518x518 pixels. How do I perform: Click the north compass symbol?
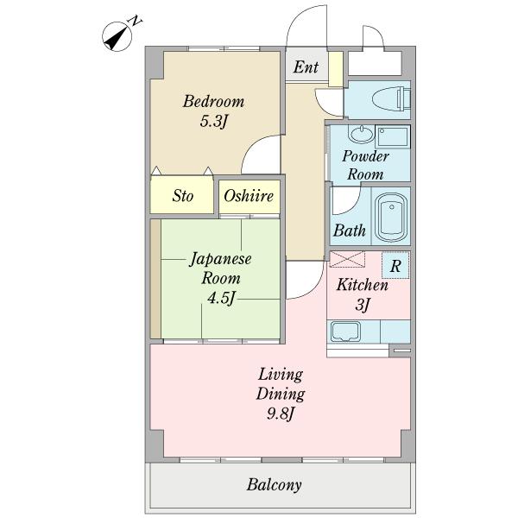tap(117, 36)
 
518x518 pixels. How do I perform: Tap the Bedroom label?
tap(213, 101)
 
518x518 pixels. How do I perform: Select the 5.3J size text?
tap(214, 121)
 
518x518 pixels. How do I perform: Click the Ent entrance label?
tap(306, 67)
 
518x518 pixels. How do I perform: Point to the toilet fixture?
tap(391, 98)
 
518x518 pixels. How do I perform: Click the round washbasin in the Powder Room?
tap(362, 134)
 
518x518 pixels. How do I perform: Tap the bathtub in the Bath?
tap(391, 218)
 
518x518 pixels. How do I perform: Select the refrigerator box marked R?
tap(395, 265)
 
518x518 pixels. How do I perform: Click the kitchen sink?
tap(345, 332)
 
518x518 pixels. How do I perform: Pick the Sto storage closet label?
tap(182, 196)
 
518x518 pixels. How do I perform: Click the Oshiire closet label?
tap(249, 196)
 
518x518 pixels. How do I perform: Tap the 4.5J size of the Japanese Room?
tap(221, 298)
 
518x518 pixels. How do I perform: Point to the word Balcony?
tap(274, 485)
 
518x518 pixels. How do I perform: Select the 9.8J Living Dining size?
tap(280, 414)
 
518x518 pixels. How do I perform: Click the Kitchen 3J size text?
tap(363, 304)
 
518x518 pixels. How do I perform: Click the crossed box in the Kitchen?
tap(347, 259)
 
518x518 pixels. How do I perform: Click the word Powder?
tap(365, 156)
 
